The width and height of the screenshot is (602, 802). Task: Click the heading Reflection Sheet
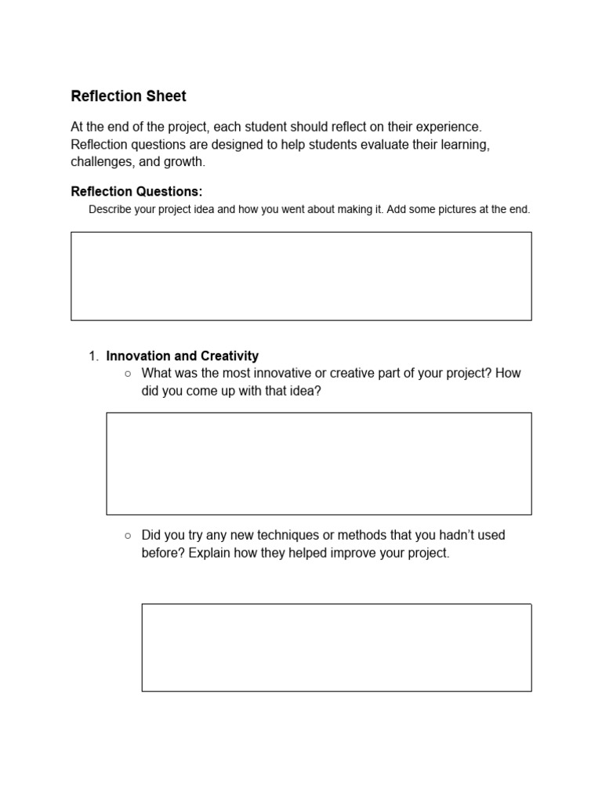pyautogui.click(x=129, y=96)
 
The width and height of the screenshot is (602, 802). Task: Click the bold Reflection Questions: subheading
pyautogui.click(x=136, y=192)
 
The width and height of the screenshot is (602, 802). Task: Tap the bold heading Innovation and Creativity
pyautogui.click(x=182, y=356)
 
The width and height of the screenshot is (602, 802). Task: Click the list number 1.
pyautogui.click(x=93, y=356)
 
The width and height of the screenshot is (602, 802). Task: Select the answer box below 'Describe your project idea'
pyautogui.click(x=301, y=276)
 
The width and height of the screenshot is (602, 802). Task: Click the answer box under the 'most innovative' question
pyautogui.click(x=318, y=464)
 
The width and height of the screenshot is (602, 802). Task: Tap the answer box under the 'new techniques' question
pyautogui.click(x=336, y=647)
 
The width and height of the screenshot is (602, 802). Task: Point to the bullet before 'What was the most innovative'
pyautogui.click(x=128, y=374)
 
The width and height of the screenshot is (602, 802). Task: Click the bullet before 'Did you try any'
pyautogui.click(x=128, y=536)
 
